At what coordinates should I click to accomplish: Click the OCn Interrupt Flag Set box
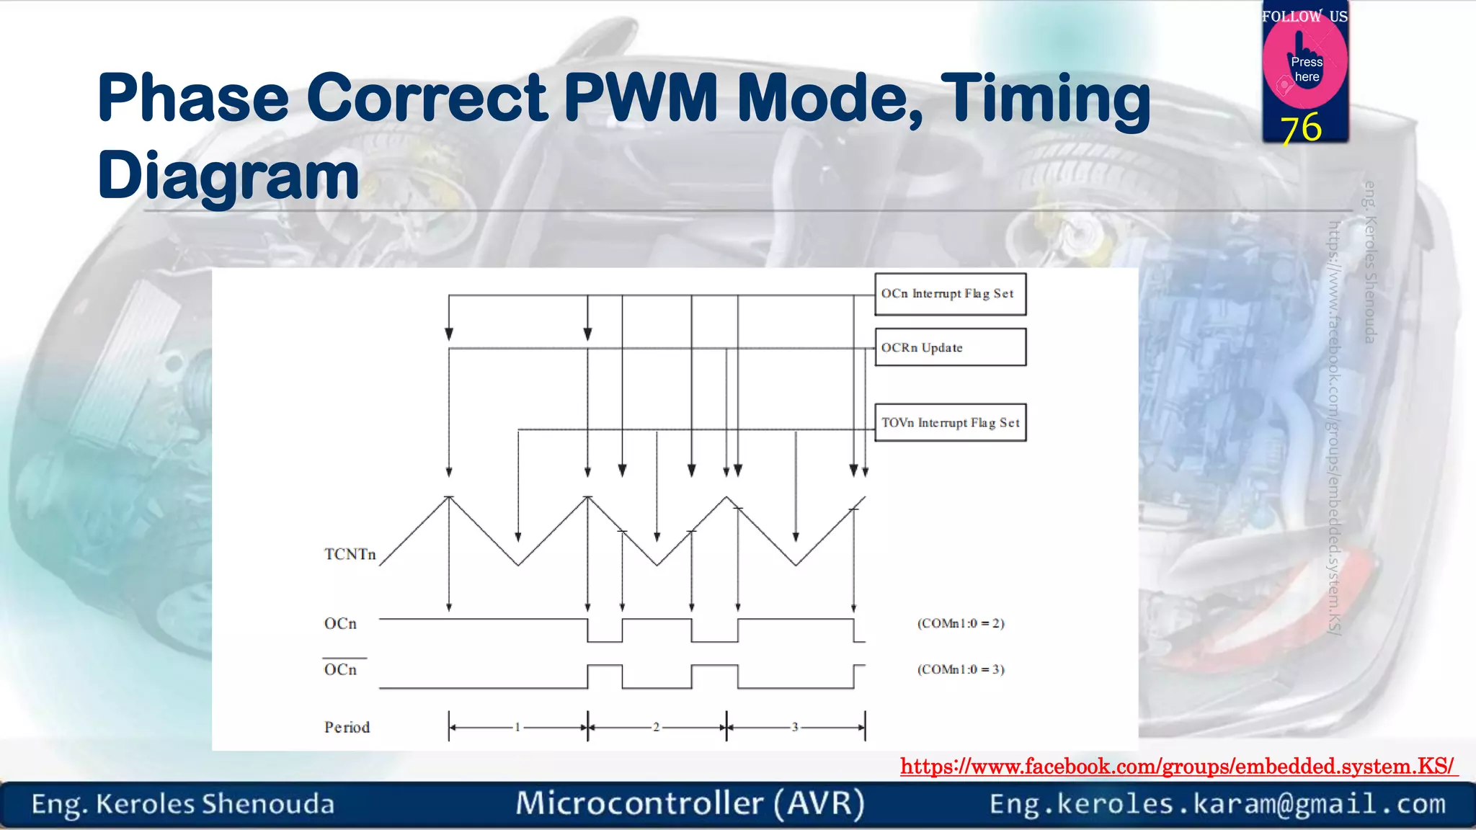coord(950,294)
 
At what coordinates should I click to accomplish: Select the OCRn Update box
coord(950,347)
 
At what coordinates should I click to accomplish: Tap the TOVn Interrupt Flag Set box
coord(950,423)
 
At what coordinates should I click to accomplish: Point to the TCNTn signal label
coord(350,554)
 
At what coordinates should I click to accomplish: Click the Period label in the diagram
coord(347,727)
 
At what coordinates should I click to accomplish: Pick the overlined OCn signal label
coord(340,669)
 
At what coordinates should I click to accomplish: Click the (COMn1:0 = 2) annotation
coord(961,623)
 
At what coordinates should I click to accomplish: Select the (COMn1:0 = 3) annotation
coord(961,669)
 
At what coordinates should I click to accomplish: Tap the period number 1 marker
coord(517,727)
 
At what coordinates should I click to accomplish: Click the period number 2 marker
coord(656,727)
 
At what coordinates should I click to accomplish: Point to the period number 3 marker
coord(795,727)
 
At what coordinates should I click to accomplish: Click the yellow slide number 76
coord(1302,128)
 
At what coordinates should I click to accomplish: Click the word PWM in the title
coord(640,98)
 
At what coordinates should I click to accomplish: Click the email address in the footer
coord(1217,803)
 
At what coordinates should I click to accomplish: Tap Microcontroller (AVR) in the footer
coord(690,803)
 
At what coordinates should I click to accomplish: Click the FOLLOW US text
coord(1304,16)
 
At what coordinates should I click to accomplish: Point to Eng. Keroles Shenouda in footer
coord(183,804)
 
